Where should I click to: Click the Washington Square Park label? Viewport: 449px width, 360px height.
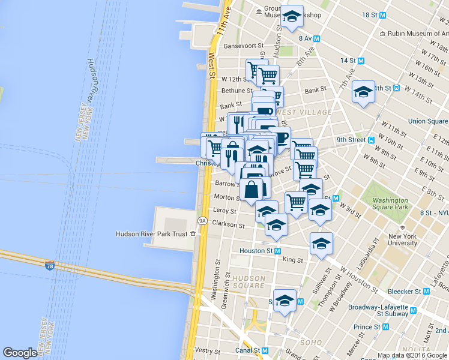point(390,203)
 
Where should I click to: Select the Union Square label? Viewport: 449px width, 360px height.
point(428,121)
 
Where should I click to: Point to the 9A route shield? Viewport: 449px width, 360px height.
point(202,220)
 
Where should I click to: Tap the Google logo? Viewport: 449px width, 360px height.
point(20,353)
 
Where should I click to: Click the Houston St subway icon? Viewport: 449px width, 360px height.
point(277,251)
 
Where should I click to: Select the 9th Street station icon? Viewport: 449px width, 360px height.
point(372,140)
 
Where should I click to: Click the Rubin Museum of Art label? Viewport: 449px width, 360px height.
point(418,34)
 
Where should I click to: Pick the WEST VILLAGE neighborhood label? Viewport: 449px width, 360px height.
point(303,112)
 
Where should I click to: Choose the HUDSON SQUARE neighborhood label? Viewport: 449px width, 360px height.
point(249,282)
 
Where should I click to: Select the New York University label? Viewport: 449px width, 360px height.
point(402,239)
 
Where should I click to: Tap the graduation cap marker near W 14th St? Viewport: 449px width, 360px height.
point(363,93)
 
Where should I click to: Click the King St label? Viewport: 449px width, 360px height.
point(292,260)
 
